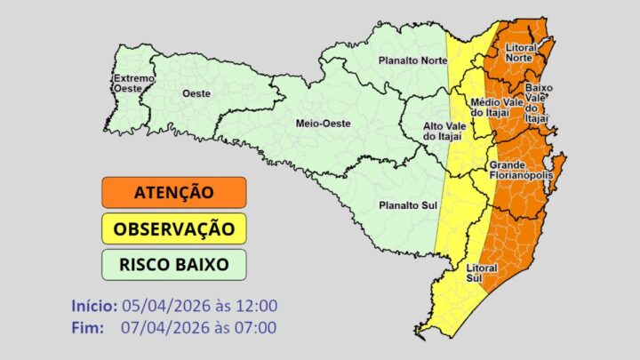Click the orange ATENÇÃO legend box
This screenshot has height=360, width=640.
(173, 192)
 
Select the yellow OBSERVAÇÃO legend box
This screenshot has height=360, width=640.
(173, 228)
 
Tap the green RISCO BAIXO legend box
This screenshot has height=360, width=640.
(173, 264)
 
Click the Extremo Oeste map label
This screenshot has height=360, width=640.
(134, 84)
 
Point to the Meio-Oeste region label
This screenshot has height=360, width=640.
(320, 123)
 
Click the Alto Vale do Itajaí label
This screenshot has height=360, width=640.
(442, 131)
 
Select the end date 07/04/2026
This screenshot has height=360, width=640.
(163, 327)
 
